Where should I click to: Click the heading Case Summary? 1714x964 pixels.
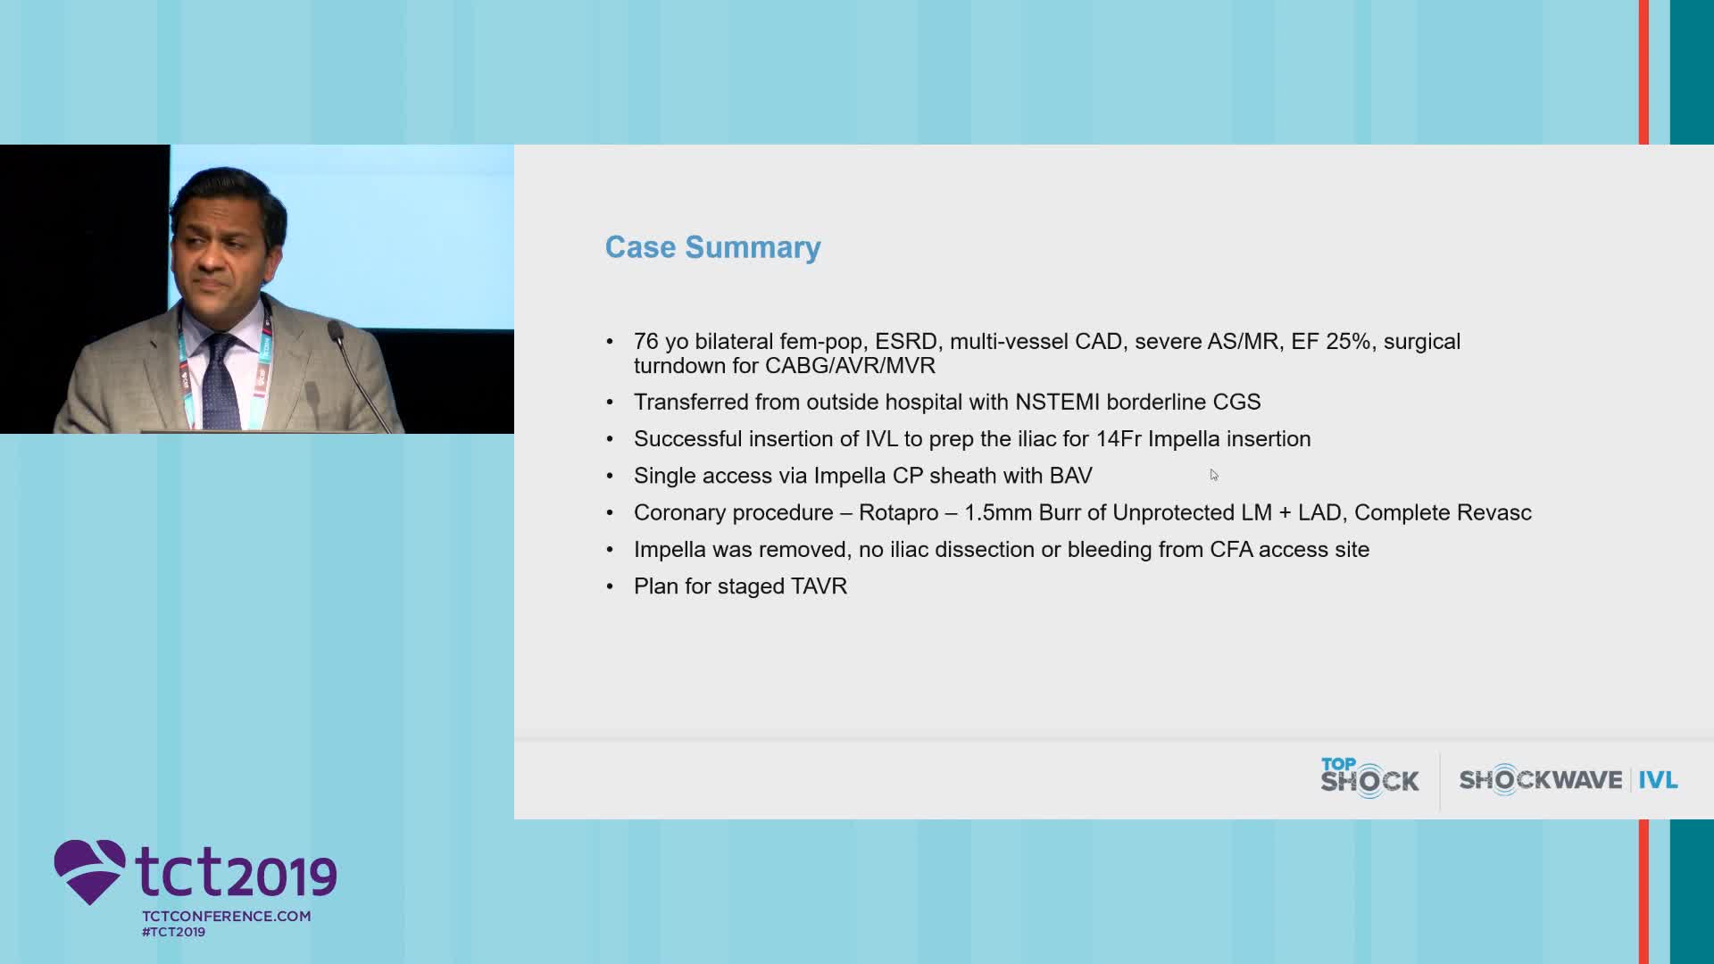(712, 247)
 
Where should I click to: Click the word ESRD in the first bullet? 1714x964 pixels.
(906, 342)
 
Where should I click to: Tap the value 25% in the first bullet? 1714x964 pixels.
(1348, 342)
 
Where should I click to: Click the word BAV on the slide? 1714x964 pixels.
(1071, 476)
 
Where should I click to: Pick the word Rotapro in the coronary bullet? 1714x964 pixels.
(898, 513)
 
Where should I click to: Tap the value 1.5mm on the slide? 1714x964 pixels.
(998, 513)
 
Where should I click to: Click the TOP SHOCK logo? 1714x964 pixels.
(1369, 777)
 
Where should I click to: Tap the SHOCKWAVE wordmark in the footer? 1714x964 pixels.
(1541, 780)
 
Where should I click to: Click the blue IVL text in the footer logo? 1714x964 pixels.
(1658, 780)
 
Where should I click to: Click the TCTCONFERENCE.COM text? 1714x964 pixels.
(227, 916)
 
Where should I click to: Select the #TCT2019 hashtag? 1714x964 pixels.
(173, 932)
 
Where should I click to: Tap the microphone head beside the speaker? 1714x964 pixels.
(336, 333)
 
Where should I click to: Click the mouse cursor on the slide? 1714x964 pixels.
(1213, 474)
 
